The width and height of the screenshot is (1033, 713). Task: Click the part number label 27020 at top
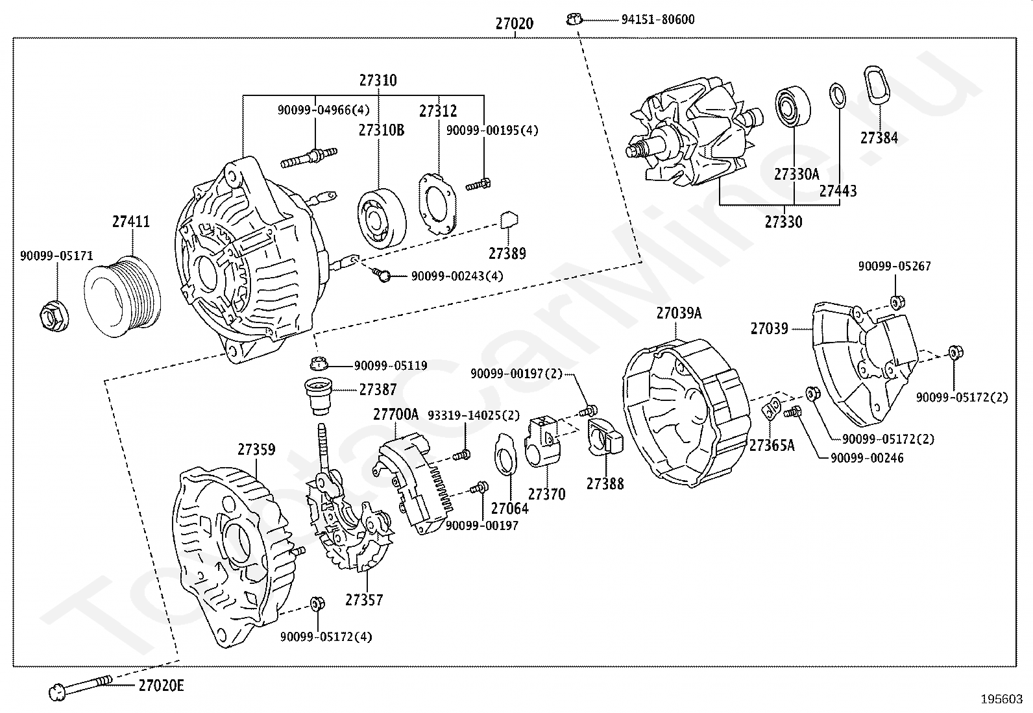click(514, 24)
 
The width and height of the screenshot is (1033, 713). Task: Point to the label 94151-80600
click(657, 19)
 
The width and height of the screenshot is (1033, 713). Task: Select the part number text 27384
click(879, 138)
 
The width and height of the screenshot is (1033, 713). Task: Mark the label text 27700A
click(395, 414)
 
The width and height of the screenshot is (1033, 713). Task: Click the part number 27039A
click(678, 313)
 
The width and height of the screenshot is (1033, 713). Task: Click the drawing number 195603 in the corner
click(1001, 699)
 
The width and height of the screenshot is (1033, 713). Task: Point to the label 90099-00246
click(866, 458)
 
